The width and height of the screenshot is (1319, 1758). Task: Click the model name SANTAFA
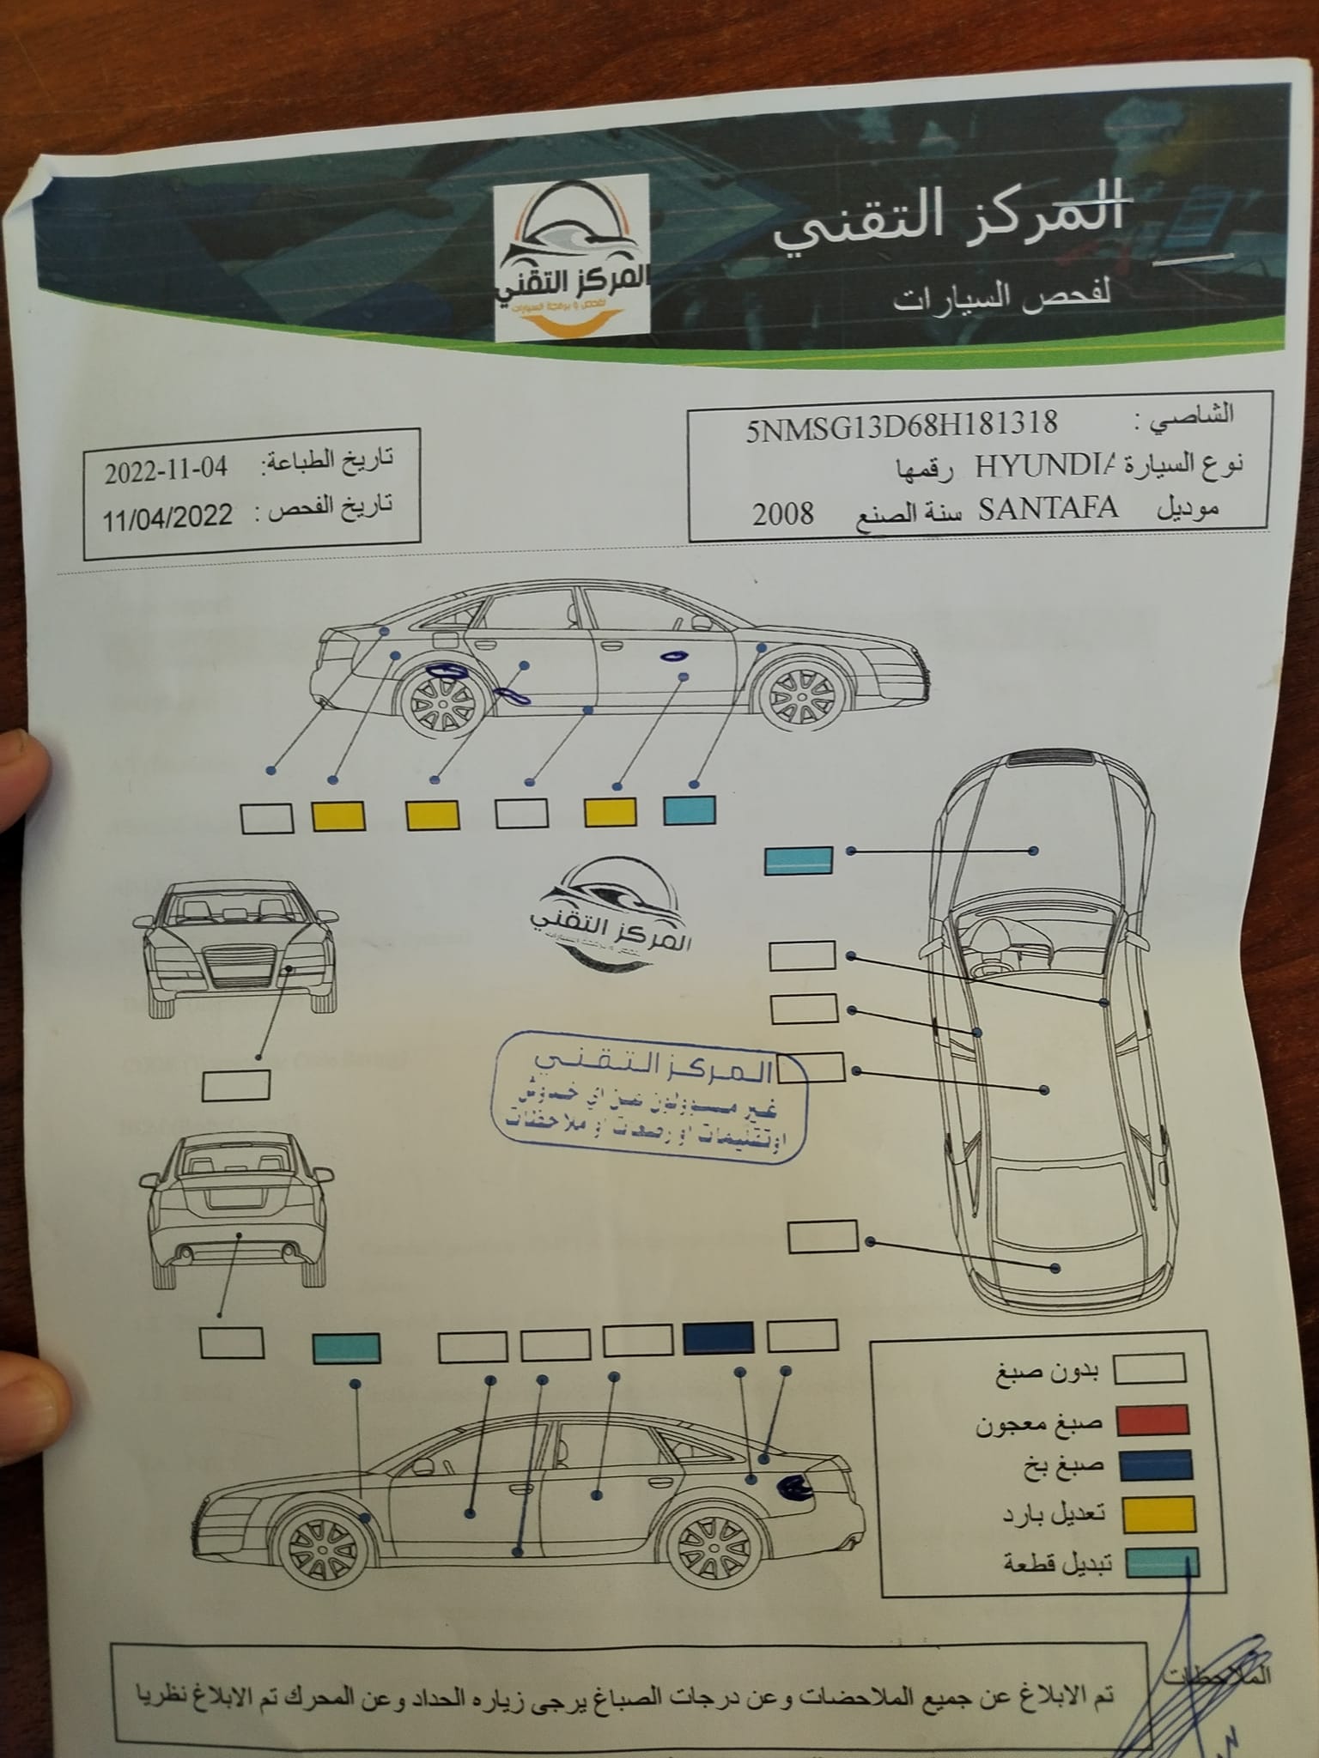1049,508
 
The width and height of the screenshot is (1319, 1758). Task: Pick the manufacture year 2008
783,513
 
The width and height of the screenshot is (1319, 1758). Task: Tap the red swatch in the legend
1152,1421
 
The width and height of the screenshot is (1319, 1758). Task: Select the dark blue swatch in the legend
1155,1466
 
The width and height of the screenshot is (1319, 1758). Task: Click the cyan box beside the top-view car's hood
799,860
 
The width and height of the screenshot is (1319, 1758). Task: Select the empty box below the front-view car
235,1086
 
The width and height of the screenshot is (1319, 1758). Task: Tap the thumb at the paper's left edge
21,781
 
